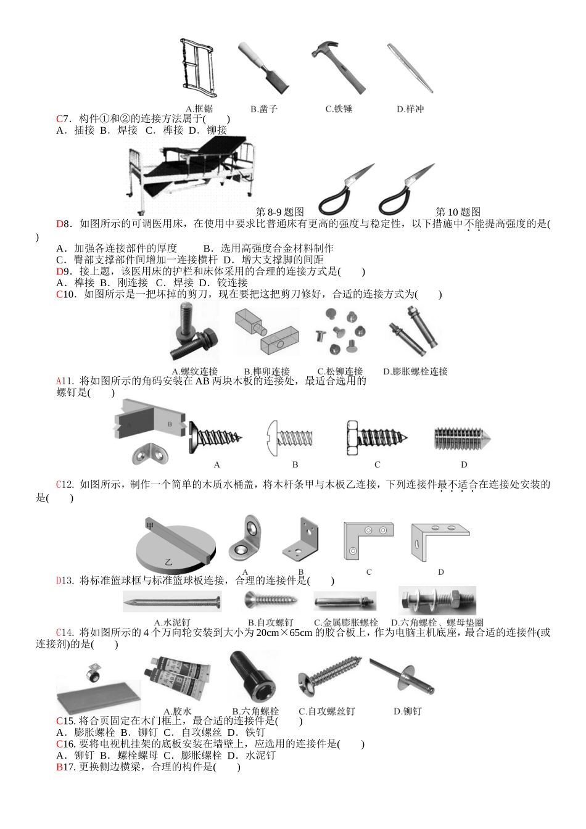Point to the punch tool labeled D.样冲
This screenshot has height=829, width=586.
pos(410,67)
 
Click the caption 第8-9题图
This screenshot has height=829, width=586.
pos(280,212)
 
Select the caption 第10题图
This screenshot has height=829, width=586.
pos(458,212)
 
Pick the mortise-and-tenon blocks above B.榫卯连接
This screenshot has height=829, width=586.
pos(267,332)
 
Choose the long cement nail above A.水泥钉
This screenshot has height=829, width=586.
pos(172,601)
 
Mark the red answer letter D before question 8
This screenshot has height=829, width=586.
pos(59,224)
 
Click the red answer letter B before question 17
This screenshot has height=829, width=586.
pos(59,767)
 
